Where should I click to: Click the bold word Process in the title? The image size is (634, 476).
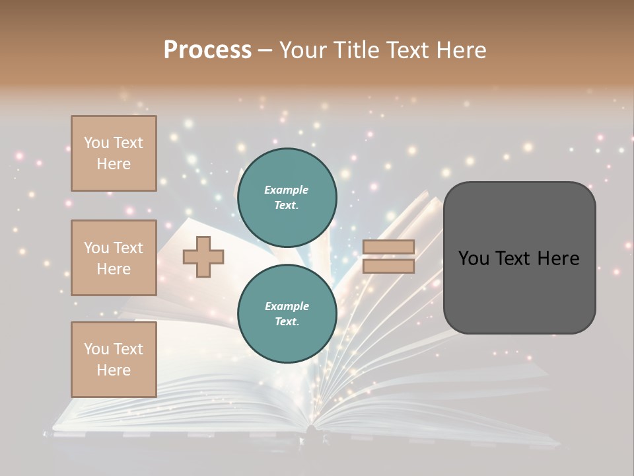coord(207,50)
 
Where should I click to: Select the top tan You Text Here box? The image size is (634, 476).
coord(114,153)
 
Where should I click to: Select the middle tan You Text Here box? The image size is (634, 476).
coord(114,258)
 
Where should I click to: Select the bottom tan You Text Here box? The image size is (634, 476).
coord(114,359)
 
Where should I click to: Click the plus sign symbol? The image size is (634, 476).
coord(203,257)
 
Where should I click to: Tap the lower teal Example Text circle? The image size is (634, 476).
coord(287,313)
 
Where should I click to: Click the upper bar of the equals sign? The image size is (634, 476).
coord(388,247)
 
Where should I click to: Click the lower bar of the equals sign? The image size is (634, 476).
coord(388,266)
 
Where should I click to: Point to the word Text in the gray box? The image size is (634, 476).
coord(520,258)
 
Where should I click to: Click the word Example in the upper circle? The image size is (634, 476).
coord(287,190)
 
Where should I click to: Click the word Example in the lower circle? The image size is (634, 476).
coord(287,306)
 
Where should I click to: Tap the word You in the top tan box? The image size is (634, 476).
coord(96,143)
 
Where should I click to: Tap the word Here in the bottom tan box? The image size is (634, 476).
coord(114,370)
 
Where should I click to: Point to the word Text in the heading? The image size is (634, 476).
coord(408,50)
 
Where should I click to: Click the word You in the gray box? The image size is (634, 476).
coord(474,258)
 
